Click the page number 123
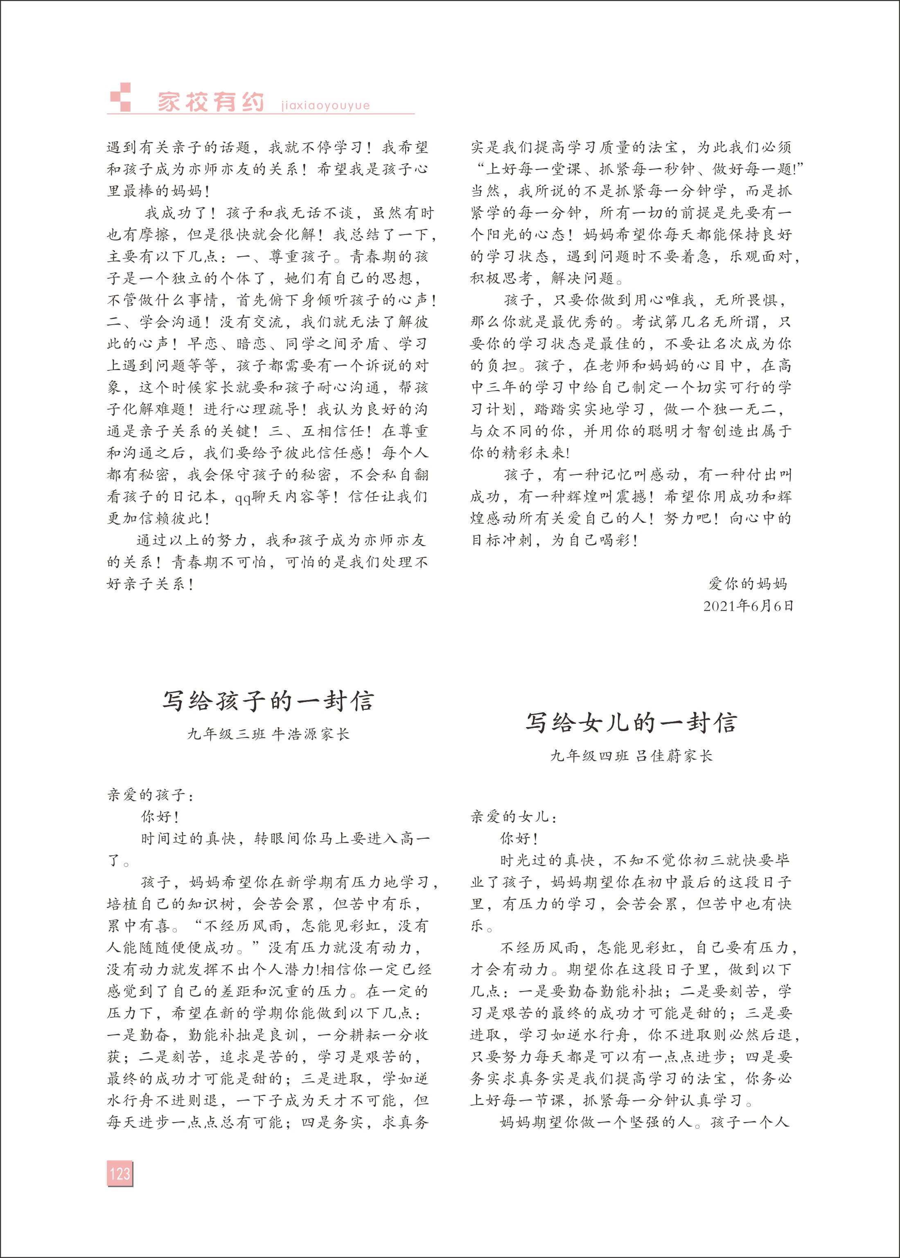pyautogui.click(x=120, y=1173)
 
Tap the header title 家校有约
pyautogui.click(x=211, y=102)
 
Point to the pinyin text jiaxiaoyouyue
pyautogui.click(x=325, y=105)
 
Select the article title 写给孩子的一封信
pyautogui.click(x=268, y=701)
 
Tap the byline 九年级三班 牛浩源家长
pyautogui.click(x=268, y=734)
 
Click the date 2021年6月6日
pyautogui.click(x=748, y=606)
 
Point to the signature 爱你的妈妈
pyautogui.click(x=748, y=583)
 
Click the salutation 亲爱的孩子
pyautogui.click(x=150, y=795)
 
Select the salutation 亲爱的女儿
pyautogui.click(x=513, y=817)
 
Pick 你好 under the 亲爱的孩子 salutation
pyautogui.click(x=160, y=817)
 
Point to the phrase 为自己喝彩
pyautogui.click(x=594, y=540)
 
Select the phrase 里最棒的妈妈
pyautogui.click(x=158, y=191)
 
